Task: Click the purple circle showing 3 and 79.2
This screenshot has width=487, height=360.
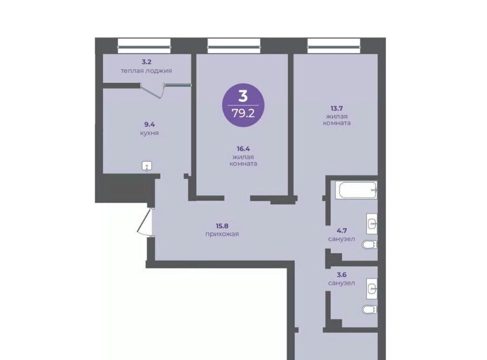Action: pos(243,105)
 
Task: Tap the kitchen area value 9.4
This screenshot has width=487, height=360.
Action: pos(149,124)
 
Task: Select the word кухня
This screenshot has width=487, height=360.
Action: pos(149,133)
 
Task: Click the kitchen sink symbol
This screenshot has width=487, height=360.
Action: pos(147,166)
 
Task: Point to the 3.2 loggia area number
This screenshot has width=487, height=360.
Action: pos(146,62)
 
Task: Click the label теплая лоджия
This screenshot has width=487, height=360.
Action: pos(146,71)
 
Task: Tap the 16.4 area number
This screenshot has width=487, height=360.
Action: pos(243,149)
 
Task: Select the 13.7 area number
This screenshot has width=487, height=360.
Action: pos(337,109)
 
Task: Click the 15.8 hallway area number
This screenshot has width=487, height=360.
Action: pos(222,226)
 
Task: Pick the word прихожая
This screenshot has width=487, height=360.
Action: pos(222,234)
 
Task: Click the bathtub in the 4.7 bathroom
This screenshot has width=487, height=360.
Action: pos(358,190)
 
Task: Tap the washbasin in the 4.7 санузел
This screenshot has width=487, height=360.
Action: pos(372,224)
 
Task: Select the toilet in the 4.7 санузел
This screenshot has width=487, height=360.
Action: pos(370,244)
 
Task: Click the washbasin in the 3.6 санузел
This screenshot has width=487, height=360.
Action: pos(372,289)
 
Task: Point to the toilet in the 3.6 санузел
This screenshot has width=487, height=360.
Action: pos(370,309)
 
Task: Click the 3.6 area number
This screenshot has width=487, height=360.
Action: pos(341,275)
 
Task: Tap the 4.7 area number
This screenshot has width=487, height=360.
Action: pos(341,231)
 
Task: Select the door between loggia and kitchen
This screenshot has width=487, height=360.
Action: pos(152,90)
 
